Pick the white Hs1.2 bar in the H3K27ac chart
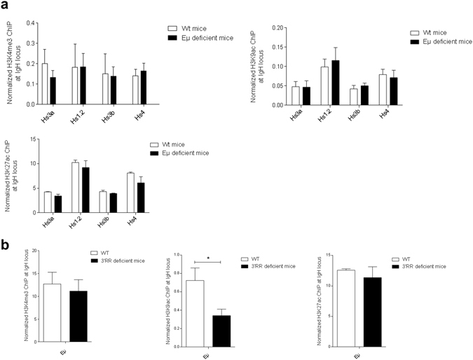tap(75, 187)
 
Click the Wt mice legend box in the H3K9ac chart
tap(413, 32)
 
